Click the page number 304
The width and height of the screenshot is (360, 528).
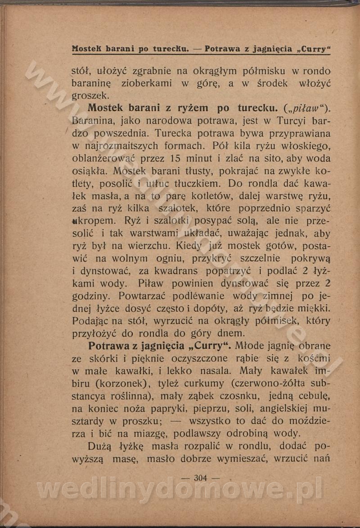(x=200, y=478)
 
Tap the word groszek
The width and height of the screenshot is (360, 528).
(x=90, y=96)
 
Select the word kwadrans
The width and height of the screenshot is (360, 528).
(x=176, y=271)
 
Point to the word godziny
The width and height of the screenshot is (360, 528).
(x=92, y=296)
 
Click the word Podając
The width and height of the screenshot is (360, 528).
(x=92, y=321)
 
